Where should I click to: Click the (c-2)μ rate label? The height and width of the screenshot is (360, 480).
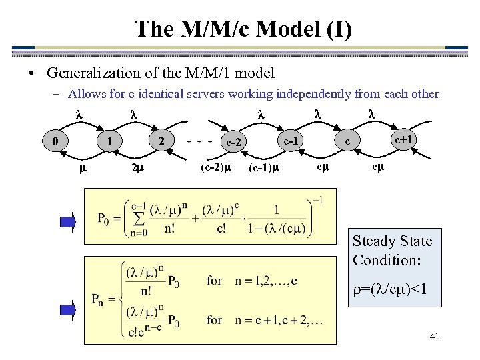[x=216, y=167]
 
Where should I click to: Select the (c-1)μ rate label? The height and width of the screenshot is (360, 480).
[x=263, y=167]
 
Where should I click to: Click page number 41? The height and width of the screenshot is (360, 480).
[x=434, y=337]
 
